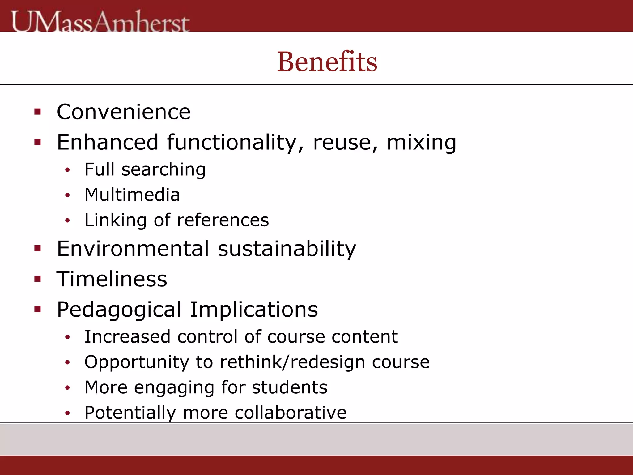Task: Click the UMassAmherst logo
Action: [x=100, y=21]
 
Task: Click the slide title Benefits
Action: [x=327, y=62]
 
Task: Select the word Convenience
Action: [x=124, y=112]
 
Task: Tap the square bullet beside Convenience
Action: [x=38, y=112]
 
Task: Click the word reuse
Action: [x=345, y=142]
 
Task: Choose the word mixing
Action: [x=421, y=143]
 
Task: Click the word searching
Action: [x=164, y=170]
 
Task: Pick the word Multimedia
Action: [x=132, y=195]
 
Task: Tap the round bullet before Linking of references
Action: [x=68, y=220]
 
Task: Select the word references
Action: [x=223, y=220]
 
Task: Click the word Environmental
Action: [x=133, y=248]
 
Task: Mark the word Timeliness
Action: [x=112, y=279]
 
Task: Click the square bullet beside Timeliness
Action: [x=38, y=279]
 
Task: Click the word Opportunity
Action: [x=137, y=362]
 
